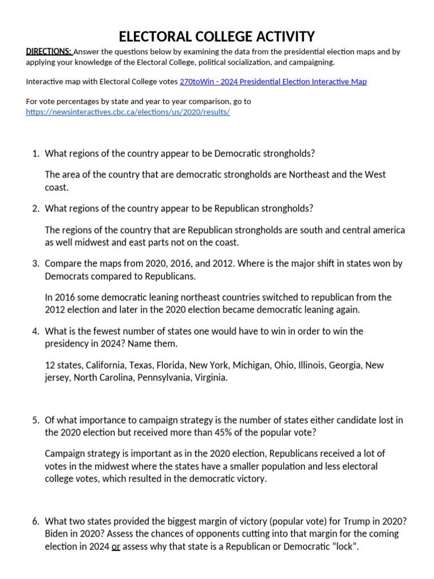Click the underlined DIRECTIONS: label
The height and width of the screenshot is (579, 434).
(49, 51)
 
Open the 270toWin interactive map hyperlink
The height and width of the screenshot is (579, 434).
(273, 81)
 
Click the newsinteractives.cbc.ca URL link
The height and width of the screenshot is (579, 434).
(128, 112)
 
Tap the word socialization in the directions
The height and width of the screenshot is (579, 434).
(259, 62)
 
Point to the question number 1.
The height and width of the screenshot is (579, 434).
(34, 154)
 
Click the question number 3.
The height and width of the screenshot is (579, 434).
(34, 263)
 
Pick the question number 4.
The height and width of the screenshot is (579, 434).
(34, 331)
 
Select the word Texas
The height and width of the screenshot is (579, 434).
(141, 365)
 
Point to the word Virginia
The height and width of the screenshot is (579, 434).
(209, 378)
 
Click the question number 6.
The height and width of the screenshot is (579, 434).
(34, 521)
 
